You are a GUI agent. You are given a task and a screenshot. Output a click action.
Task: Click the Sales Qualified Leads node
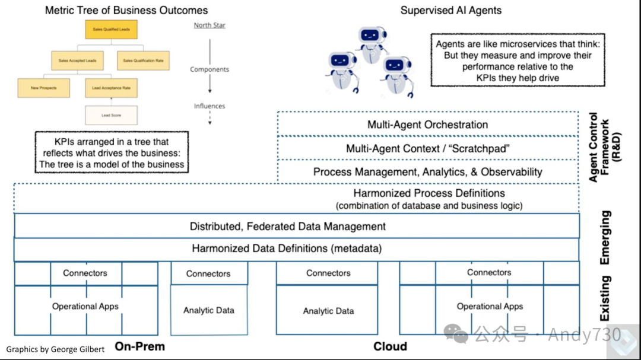click(112, 29)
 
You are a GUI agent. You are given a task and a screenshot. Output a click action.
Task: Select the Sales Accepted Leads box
click(77, 60)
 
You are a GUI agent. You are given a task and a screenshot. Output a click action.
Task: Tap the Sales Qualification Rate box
click(144, 60)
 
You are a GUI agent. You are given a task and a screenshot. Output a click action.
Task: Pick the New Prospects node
click(43, 88)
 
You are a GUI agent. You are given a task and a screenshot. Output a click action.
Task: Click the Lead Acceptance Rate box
click(111, 88)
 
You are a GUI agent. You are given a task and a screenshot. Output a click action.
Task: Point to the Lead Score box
click(111, 115)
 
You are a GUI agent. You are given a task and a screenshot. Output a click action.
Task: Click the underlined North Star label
click(210, 26)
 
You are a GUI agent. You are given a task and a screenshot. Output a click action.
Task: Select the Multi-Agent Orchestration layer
click(427, 125)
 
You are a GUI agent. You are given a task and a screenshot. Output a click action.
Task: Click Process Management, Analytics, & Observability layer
click(427, 172)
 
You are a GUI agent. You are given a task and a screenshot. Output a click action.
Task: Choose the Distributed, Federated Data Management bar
click(288, 226)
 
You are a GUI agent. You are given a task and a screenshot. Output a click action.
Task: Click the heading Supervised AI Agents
click(450, 10)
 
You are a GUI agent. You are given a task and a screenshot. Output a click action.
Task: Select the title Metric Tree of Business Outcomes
click(126, 10)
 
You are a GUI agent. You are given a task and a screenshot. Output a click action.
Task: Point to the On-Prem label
click(139, 346)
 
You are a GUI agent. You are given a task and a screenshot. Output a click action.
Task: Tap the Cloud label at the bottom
click(390, 346)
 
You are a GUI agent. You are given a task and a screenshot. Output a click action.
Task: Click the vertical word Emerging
click(605, 237)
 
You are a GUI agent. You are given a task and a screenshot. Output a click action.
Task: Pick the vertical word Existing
click(605, 298)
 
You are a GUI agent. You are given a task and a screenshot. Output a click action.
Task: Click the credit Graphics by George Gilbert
click(55, 349)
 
